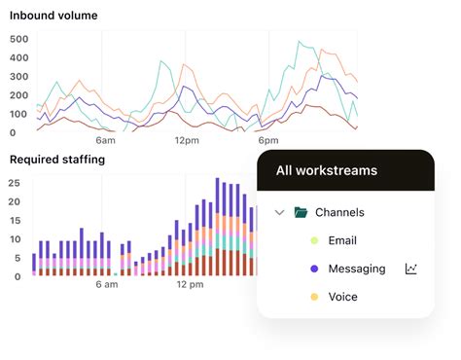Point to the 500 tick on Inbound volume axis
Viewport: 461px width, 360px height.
pyautogui.click(x=19, y=39)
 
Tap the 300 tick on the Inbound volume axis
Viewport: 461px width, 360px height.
pyautogui.click(x=19, y=77)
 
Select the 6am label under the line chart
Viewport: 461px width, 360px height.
pyautogui.click(x=105, y=140)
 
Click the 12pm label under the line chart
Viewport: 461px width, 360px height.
pyautogui.click(x=187, y=140)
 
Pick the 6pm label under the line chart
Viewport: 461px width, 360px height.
pyautogui.click(x=268, y=140)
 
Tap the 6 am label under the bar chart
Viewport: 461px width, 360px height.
pyautogui.click(x=107, y=285)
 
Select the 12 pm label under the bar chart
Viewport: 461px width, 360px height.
pyautogui.click(x=190, y=285)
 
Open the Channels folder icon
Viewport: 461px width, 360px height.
pyautogui.click(x=301, y=212)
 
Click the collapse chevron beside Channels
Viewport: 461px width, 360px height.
pyautogui.click(x=279, y=212)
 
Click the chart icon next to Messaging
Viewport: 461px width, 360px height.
pyautogui.click(x=411, y=269)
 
